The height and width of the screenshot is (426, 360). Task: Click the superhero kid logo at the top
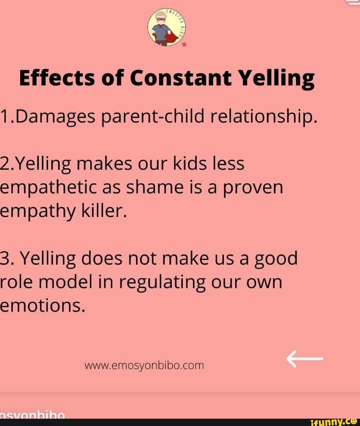(167, 27)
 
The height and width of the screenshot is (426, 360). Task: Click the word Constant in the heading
(181, 78)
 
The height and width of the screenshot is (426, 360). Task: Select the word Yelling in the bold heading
(277, 79)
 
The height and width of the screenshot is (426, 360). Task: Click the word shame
(155, 187)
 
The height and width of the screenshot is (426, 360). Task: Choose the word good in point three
(276, 260)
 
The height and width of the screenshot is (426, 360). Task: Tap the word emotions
(42, 306)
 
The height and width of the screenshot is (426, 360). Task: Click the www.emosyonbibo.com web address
(144, 366)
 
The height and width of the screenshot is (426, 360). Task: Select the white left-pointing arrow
(305, 359)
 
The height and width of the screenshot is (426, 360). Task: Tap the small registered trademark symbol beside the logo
(184, 45)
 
